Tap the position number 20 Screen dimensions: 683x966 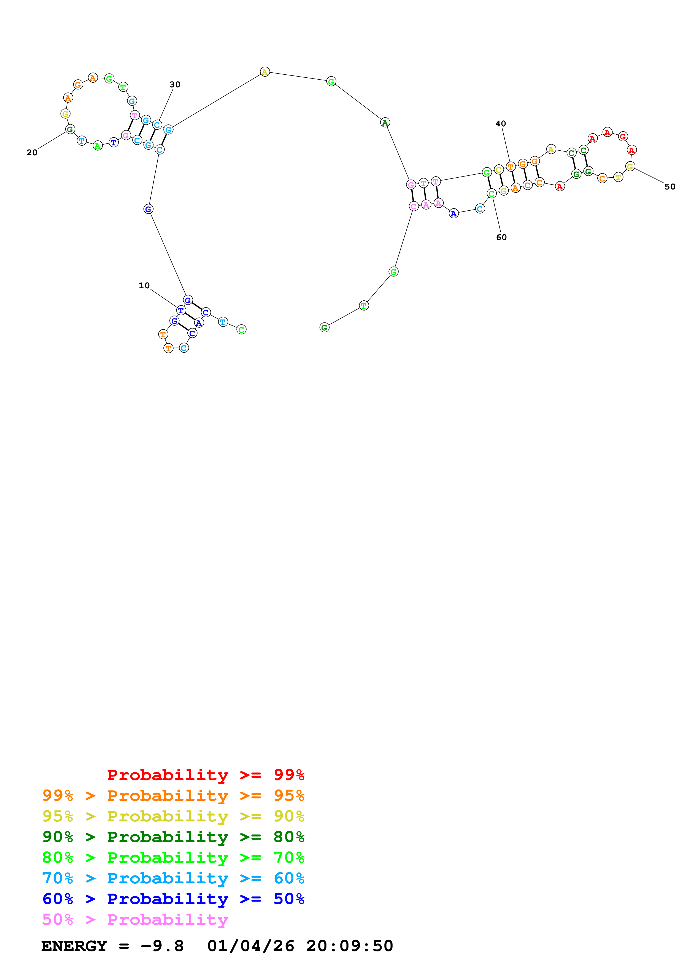click(x=32, y=153)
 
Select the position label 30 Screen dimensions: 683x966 click(x=175, y=85)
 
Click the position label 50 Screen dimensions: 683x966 click(x=669, y=187)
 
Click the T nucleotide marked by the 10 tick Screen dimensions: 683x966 click(x=181, y=311)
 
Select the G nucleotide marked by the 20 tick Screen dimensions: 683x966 click(x=70, y=130)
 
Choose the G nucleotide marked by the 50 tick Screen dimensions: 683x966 click(x=630, y=167)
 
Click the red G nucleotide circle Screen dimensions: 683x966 click(x=623, y=136)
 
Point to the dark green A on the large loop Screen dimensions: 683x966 click(x=385, y=123)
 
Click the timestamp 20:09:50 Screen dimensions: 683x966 click(x=349, y=946)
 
